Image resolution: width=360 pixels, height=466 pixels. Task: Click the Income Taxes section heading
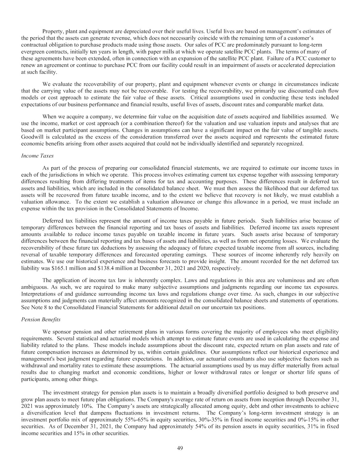coord(37,156)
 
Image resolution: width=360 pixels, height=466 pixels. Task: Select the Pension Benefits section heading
coord(41,319)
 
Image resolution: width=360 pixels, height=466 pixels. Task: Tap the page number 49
coord(180,448)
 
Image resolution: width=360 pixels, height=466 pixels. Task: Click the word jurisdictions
coord(62,175)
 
